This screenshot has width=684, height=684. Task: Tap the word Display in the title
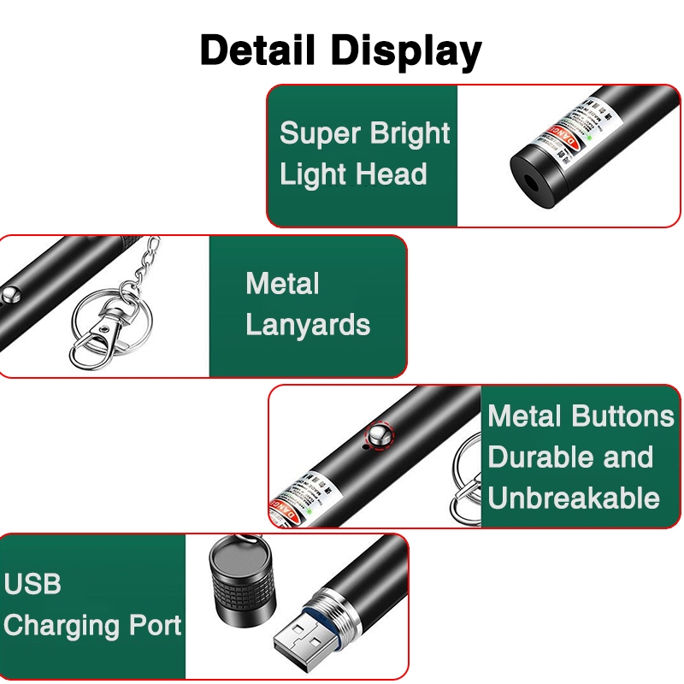click(408, 52)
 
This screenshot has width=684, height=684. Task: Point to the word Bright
click(410, 135)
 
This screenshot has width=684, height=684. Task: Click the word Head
click(391, 175)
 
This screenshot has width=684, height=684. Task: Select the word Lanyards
click(308, 326)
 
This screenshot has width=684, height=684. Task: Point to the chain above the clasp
click(145, 265)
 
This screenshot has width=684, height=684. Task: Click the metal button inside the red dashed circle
click(377, 436)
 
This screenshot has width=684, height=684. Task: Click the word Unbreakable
click(574, 498)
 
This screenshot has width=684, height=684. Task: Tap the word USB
click(32, 585)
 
